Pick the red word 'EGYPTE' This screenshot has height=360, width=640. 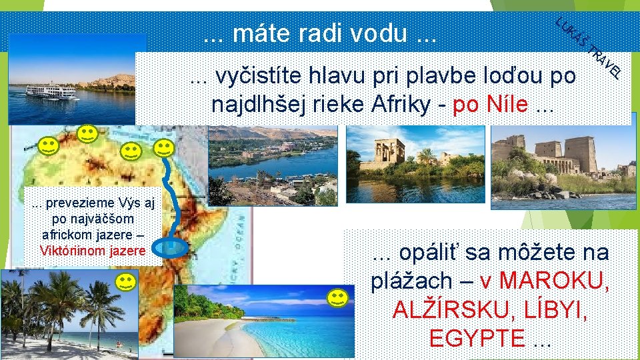point(477,338)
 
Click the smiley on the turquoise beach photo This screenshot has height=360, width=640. point(338,298)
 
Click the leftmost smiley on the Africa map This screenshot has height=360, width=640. point(47,145)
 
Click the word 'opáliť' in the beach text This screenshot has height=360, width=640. point(423,253)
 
